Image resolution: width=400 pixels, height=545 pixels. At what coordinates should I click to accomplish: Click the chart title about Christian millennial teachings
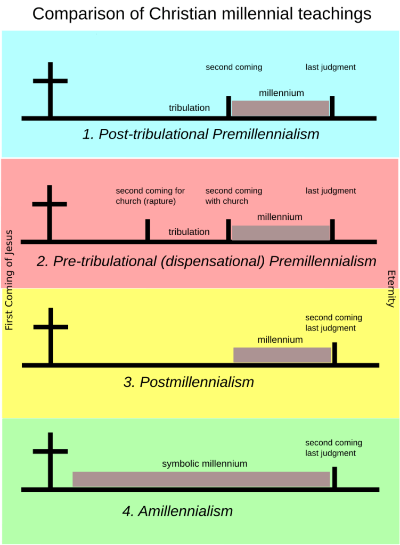click(201, 14)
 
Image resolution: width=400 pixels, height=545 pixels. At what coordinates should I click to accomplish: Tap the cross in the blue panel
click(50, 85)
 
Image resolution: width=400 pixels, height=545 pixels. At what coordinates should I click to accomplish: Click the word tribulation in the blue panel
click(189, 108)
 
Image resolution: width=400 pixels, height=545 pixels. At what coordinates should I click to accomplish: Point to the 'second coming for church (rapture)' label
click(150, 196)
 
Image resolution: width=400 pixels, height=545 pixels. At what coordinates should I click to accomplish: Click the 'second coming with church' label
click(233, 196)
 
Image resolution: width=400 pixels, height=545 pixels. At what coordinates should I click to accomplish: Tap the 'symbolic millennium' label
click(205, 464)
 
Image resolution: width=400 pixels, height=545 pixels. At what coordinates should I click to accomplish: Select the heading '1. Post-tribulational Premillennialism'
click(201, 134)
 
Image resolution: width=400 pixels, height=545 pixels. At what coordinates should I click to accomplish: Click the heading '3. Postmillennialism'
click(189, 382)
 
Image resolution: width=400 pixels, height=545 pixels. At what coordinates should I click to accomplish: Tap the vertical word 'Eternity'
click(391, 288)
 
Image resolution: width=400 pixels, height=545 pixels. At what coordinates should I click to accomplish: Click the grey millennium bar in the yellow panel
click(282, 355)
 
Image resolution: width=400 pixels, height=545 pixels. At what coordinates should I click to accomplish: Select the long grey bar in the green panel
click(201, 479)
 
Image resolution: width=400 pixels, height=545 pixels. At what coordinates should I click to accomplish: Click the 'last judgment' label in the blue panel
click(330, 68)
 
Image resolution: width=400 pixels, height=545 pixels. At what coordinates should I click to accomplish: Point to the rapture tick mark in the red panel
click(148, 229)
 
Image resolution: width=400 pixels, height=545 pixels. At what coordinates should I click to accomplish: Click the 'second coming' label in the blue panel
click(234, 68)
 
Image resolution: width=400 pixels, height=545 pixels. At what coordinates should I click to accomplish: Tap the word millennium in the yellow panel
click(280, 340)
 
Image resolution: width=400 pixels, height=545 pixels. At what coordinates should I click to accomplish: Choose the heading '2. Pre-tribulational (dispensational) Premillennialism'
click(207, 262)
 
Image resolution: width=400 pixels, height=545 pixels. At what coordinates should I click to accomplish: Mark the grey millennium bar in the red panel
click(281, 233)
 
